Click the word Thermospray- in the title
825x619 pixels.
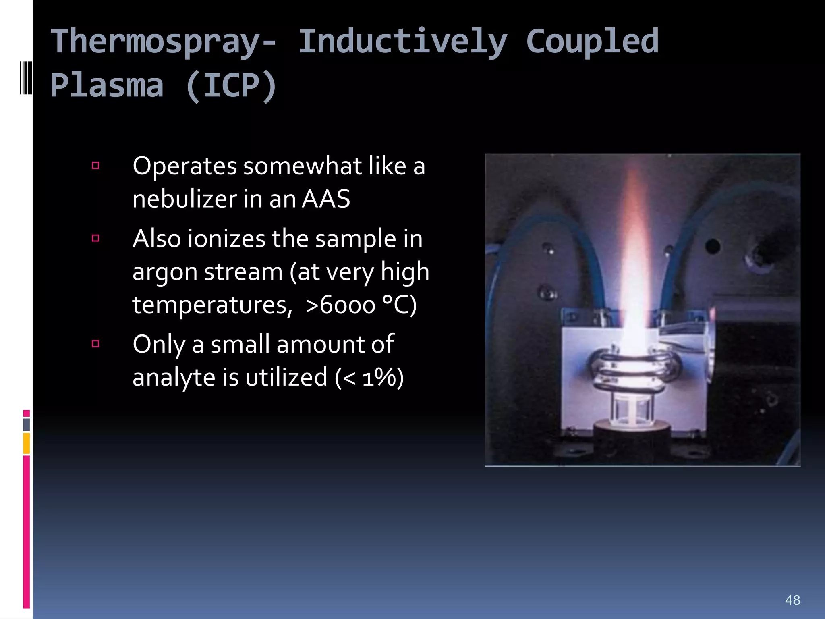[x=164, y=42]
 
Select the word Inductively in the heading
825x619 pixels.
[x=402, y=42]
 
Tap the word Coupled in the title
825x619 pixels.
[x=592, y=41]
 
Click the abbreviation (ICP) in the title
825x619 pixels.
[x=231, y=85]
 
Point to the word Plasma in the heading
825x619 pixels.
[x=107, y=85]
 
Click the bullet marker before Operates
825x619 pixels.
[x=95, y=165]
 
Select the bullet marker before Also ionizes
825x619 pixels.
[x=95, y=238]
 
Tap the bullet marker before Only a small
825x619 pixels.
[x=95, y=344]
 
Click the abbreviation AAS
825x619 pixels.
[x=326, y=199]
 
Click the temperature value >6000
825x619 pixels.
[x=340, y=305]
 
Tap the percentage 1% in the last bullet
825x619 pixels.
[x=378, y=378]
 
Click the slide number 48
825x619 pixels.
[x=792, y=600]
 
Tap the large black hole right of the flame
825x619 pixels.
[x=712, y=246]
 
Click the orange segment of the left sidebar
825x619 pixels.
[x=26, y=443]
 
